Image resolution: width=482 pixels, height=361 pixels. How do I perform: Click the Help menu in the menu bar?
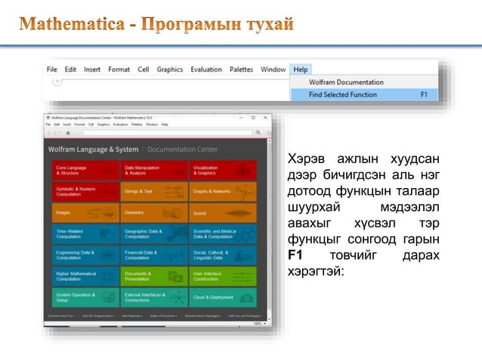point(301,69)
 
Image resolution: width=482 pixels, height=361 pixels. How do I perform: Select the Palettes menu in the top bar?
point(242,69)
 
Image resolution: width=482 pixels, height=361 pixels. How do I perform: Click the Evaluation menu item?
point(206,69)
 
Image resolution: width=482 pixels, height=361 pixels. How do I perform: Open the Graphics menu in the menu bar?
point(170,69)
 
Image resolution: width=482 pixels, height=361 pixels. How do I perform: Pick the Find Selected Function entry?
point(346,95)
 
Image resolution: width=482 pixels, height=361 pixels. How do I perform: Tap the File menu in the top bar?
point(52,69)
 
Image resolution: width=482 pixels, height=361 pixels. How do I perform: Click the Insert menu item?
point(92,69)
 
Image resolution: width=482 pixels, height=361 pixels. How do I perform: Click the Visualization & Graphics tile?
point(223,171)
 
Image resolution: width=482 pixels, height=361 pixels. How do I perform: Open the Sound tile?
point(223,213)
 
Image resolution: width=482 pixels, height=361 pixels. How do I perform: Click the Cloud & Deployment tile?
point(223,298)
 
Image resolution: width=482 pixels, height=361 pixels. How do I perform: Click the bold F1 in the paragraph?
point(296,256)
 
